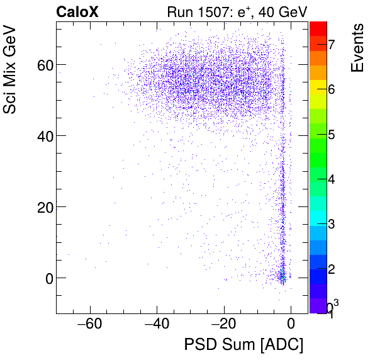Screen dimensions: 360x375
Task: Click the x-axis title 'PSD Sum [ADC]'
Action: (x=243, y=345)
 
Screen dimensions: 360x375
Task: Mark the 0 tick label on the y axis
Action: (x=45, y=278)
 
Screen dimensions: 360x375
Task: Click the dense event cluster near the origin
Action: (x=283, y=276)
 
